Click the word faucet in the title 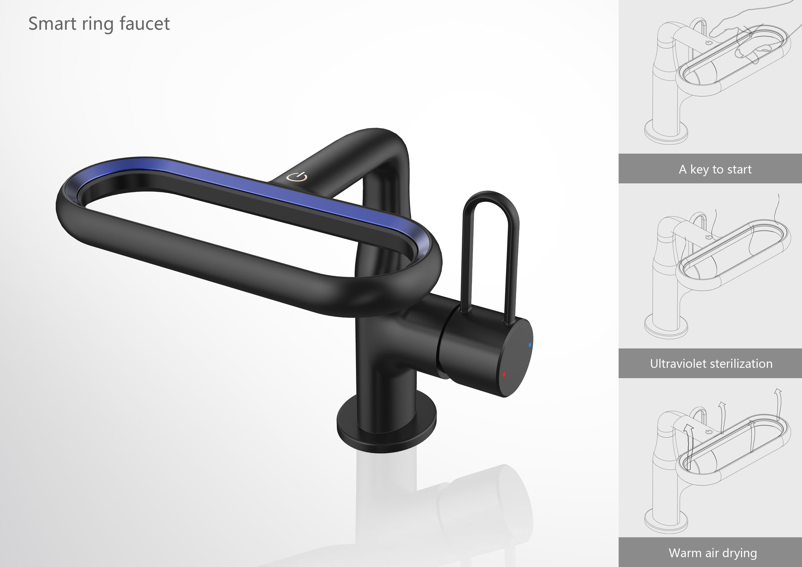tap(145, 24)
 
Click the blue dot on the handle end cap tap(530, 345)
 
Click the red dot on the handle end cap tap(504, 374)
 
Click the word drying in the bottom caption tap(740, 553)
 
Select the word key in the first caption tap(699, 169)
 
